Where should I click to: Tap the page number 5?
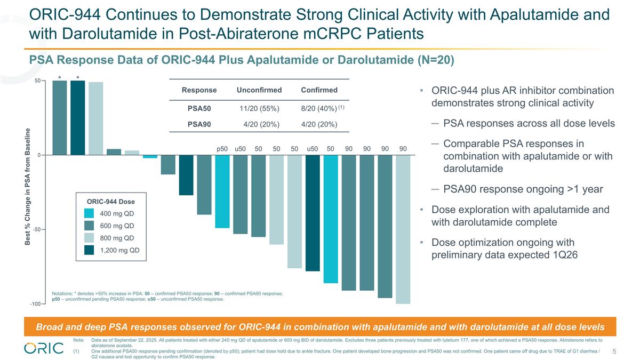[x=615, y=351]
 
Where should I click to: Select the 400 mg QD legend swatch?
[x=89, y=213]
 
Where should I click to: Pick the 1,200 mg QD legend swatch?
[x=89, y=250]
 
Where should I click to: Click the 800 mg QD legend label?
[x=117, y=238]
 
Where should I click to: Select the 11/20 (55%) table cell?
[x=259, y=109]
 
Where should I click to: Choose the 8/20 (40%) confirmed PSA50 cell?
[x=318, y=109]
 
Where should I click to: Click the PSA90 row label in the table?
[x=199, y=125]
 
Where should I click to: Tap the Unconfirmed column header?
[x=259, y=90]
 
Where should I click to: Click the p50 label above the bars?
[x=222, y=148]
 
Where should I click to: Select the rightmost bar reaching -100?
[x=403, y=229]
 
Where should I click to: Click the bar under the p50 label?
[x=222, y=192]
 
